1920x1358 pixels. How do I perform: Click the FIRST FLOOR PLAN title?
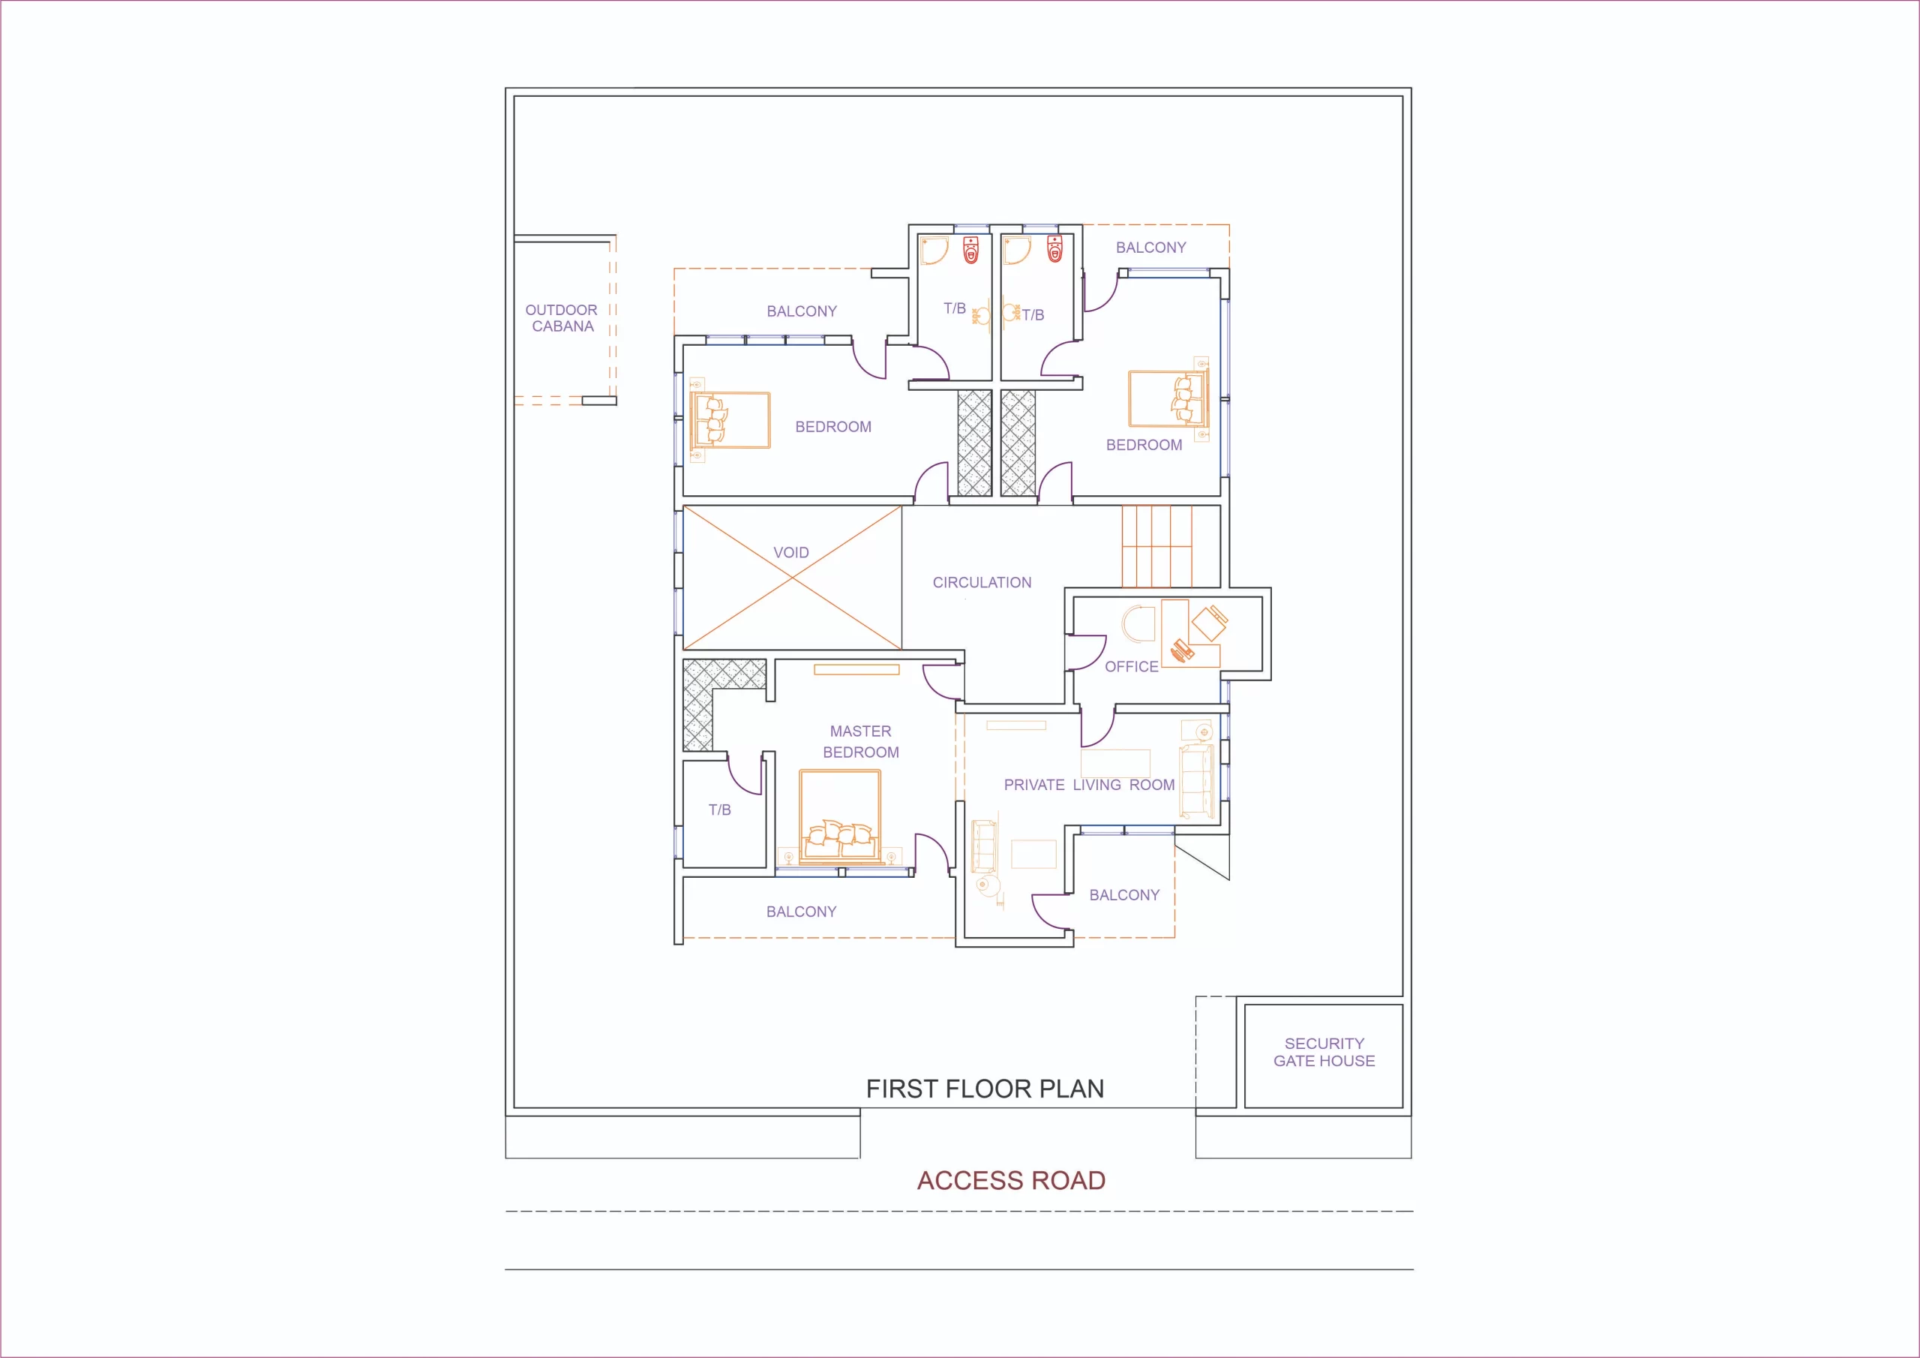tap(985, 1089)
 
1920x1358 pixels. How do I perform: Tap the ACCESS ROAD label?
tap(1011, 1181)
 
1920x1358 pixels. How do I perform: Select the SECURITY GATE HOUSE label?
tap(1324, 1053)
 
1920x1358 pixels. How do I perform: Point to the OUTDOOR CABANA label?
tap(562, 318)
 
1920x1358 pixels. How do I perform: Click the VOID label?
tap(791, 552)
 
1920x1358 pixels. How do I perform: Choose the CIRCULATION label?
tap(982, 582)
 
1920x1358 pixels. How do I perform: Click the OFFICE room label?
tap(1132, 667)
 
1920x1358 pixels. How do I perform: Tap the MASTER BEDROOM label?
tap(860, 741)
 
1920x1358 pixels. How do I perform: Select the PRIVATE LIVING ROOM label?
tap(1089, 785)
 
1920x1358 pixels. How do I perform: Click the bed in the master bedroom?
tap(839, 816)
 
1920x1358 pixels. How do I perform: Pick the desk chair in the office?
tap(1210, 623)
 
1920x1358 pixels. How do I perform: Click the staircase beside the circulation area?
tap(1157, 545)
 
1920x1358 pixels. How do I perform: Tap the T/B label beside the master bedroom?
tap(720, 810)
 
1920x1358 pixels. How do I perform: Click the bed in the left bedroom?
tap(730, 420)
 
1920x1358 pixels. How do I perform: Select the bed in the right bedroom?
tap(1168, 399)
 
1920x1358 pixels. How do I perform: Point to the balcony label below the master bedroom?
tap(801, 912)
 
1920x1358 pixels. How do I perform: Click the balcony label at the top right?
tap(1150, 248)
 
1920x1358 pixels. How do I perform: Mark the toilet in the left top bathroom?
tap(970, 249)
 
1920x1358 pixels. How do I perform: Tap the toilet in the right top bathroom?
tap(1055, 248)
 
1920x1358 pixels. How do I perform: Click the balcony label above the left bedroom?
tap(802, 311)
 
